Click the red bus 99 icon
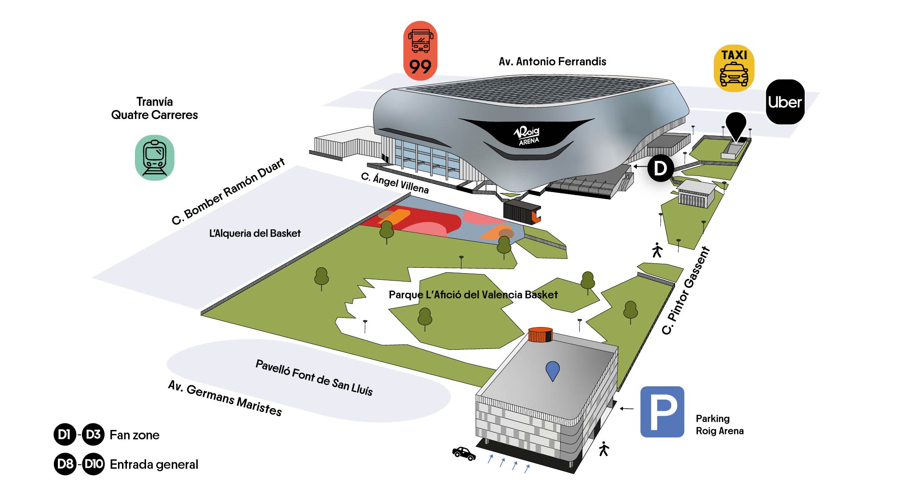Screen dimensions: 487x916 coord(420,51)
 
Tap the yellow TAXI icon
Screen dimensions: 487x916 coord(734,68)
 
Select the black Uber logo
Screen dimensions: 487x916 coord(785,102)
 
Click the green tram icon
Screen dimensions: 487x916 coord(155,157)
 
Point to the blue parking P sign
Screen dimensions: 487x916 coord(662,411)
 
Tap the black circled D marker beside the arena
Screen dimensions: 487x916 coord(660,168)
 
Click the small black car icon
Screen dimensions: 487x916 coord(464,453)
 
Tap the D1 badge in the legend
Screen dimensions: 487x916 coord(65,434)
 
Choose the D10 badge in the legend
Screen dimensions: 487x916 coord(94,464)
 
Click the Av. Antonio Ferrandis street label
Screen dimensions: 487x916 coord(552,61)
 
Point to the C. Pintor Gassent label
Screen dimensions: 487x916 coord(685,291)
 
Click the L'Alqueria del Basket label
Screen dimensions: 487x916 coord(255,233)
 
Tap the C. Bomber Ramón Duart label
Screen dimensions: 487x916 coord(228,191)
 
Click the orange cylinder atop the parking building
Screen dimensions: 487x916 coord(540,335)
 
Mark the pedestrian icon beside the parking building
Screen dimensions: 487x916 coord(603,449)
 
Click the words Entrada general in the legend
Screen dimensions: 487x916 coord(154,464)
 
